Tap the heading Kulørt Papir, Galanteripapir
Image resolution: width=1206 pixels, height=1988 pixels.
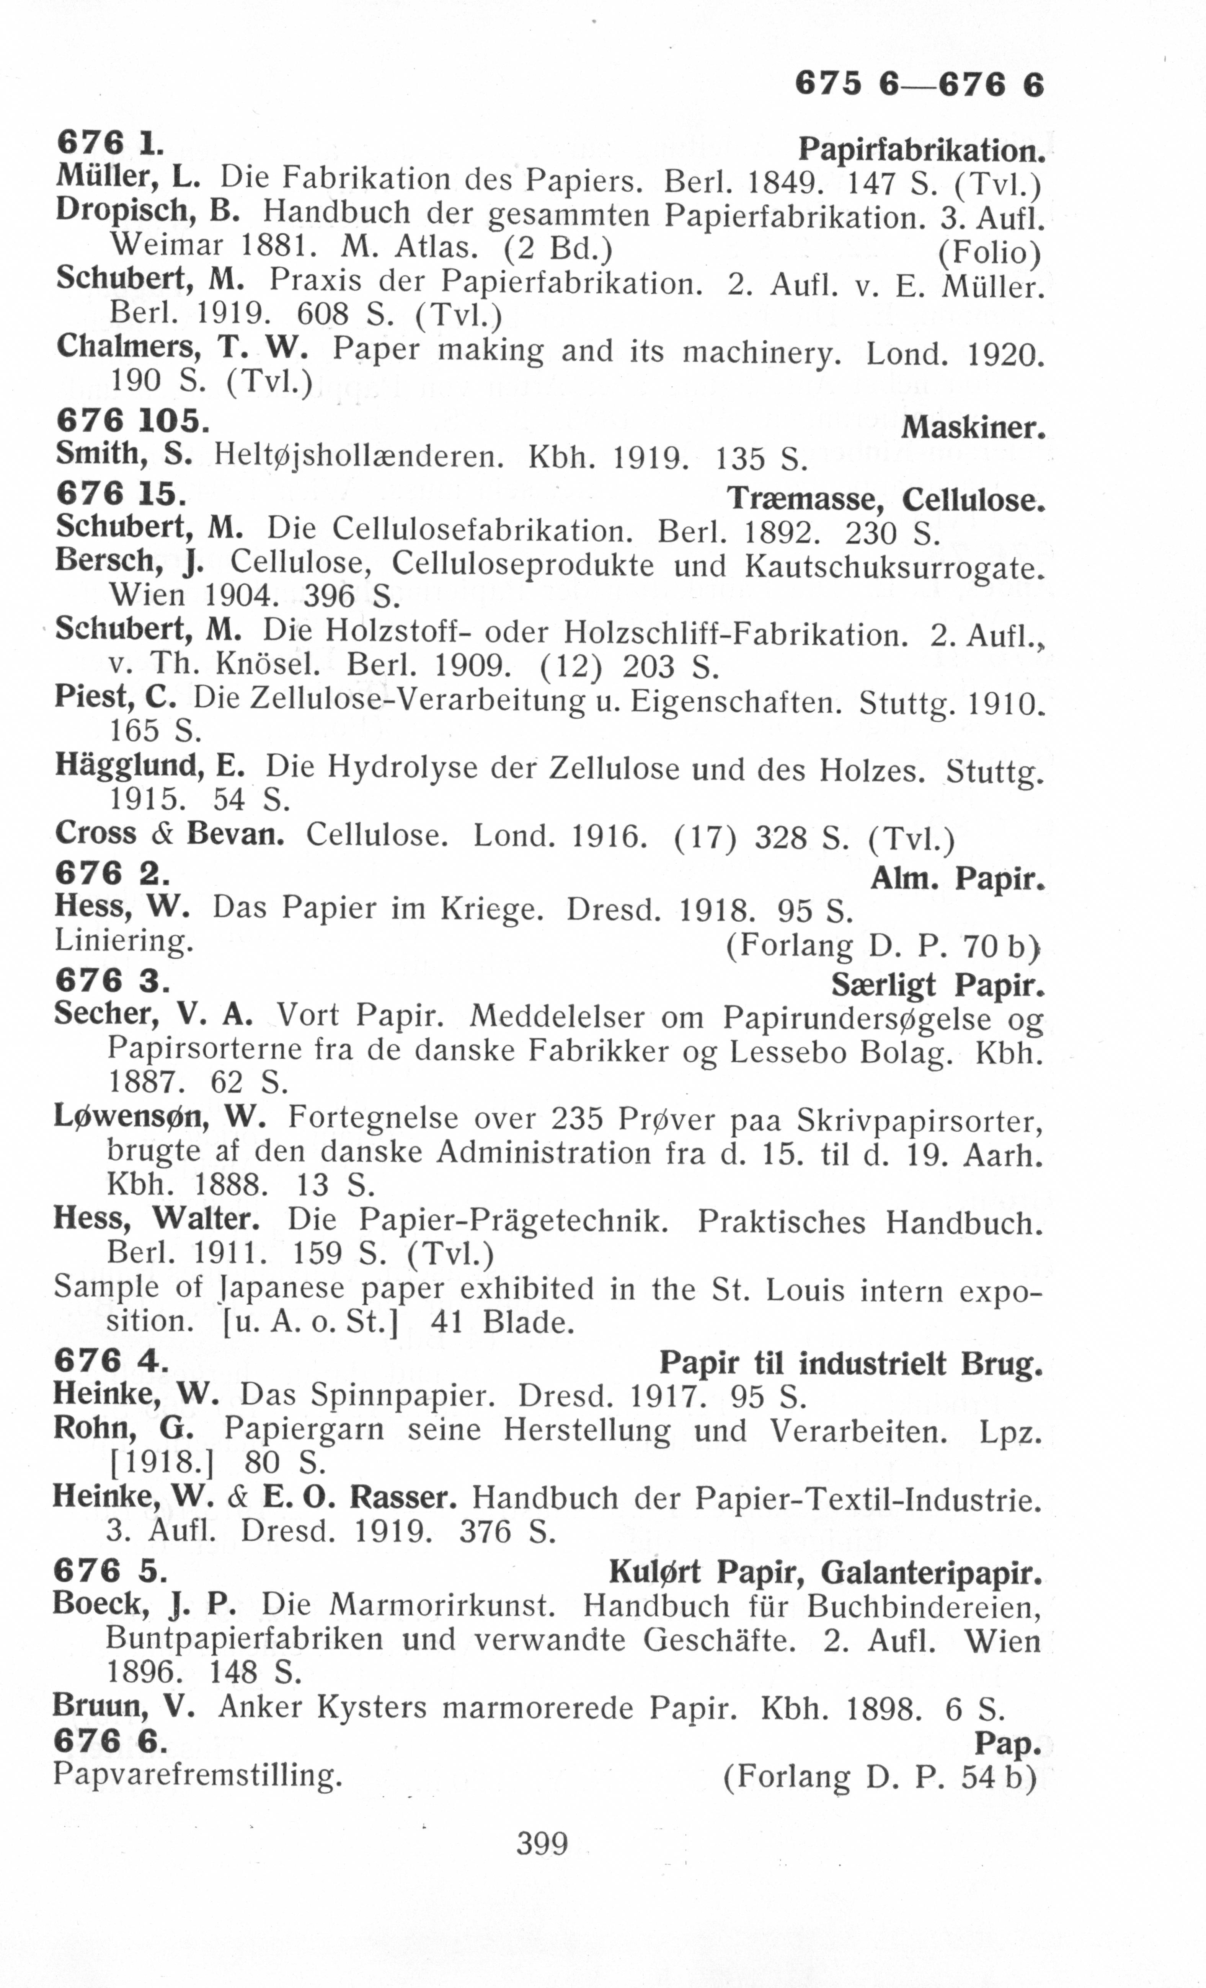[x=824, y=1572]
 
